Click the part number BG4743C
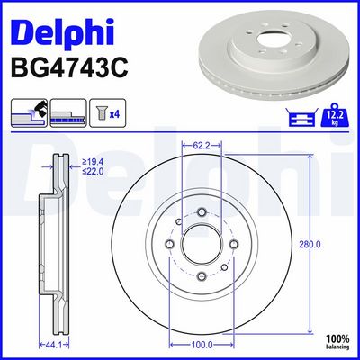pyautogui.click(x=69, y=68)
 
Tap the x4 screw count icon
pyautogui.click(x=107, y=113)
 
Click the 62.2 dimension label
pyautogui.click(x=202, y=146)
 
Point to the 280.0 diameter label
pyautogui.click(x=310, y=245)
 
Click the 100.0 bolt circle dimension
pyautogui.click(x=202, y=345)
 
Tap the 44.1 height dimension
pyautogui.click(x=54, y=345)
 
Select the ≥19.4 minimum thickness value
pyautogui.click(x=93, y=162)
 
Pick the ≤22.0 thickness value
pyautogui.click(x=93, y=172)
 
